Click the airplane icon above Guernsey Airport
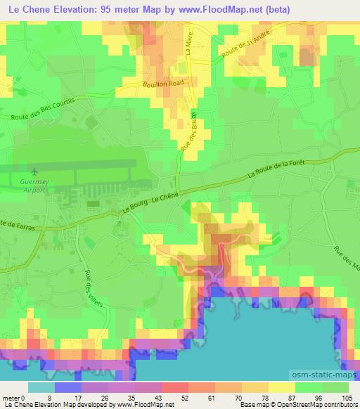click(34, 171)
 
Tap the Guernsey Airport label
click(34, 183)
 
